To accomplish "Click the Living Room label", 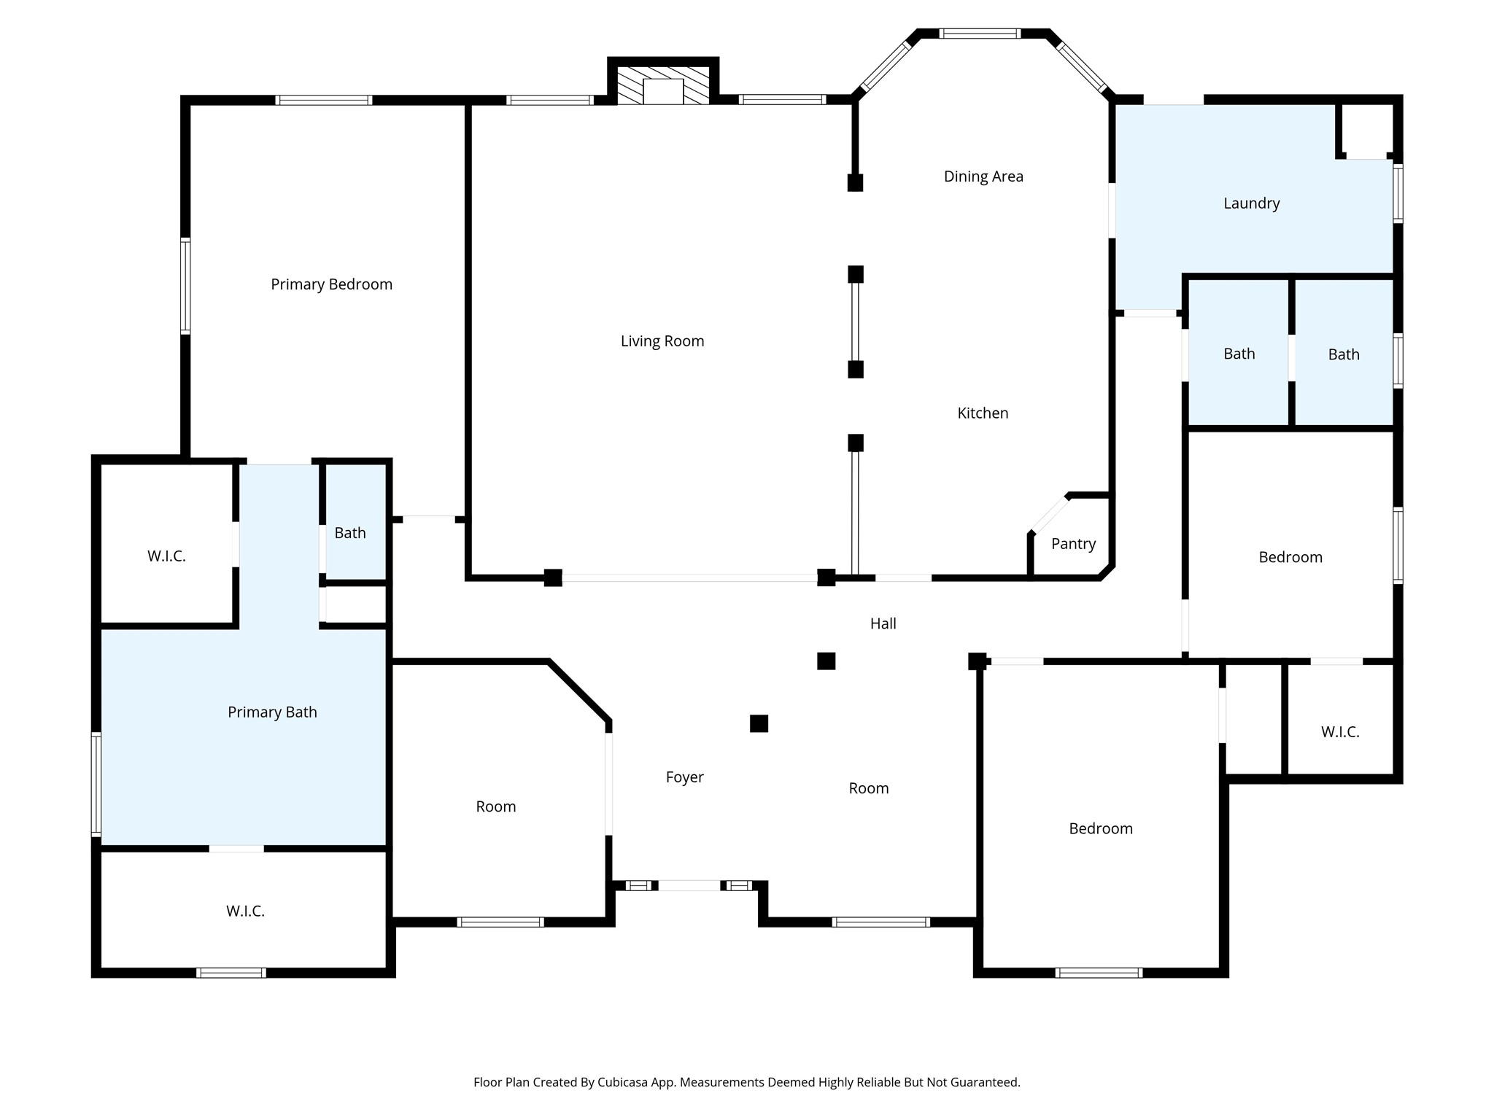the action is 662,341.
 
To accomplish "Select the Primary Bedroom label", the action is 332,284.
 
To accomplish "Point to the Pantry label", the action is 1074,544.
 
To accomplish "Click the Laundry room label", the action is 1252,203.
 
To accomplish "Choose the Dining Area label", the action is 983,176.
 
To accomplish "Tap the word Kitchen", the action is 983,413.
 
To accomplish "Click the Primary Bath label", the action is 272,712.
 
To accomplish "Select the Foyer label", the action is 685,777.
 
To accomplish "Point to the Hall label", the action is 883,623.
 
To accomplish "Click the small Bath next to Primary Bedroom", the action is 350,533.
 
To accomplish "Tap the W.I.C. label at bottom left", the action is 245,911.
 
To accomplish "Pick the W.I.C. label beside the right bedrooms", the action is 1340,732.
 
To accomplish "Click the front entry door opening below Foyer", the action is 689,885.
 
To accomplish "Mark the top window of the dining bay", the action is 980,34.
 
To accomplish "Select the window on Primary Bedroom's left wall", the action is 185,286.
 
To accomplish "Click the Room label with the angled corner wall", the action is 496,806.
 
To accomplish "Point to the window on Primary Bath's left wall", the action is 96,784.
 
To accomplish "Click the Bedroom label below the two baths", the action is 1290,558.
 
